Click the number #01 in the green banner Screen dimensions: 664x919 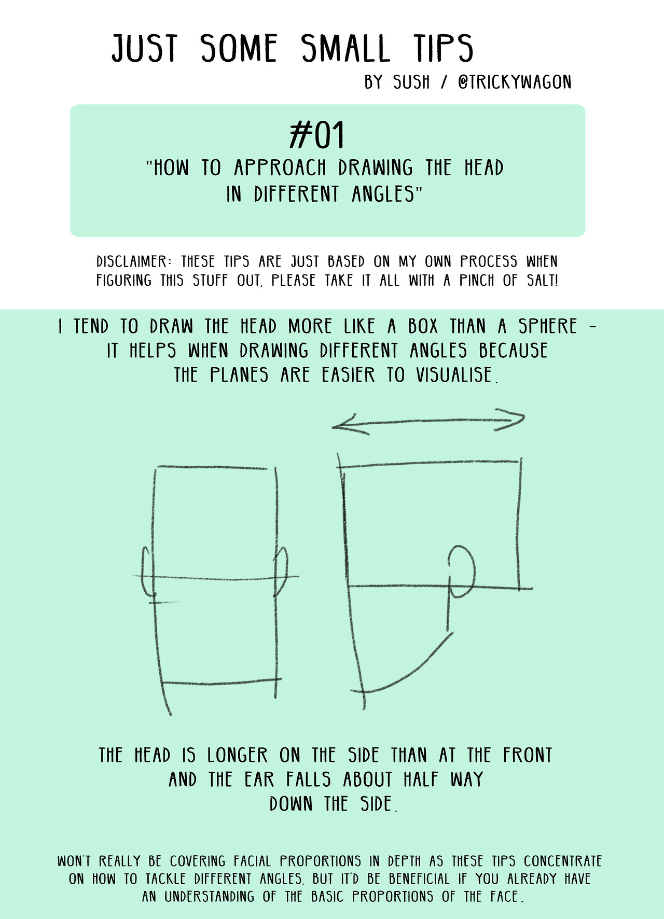point(317,135)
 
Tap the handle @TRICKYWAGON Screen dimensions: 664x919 point(515,82)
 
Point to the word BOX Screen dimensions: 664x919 point(423,326)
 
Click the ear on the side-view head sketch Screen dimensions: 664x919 point(461,571)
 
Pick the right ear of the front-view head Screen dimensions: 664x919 point(281,570)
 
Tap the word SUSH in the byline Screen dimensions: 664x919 point(411,82)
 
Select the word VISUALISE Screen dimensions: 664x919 point(457,374)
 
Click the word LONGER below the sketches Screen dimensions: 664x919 point(238,755)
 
